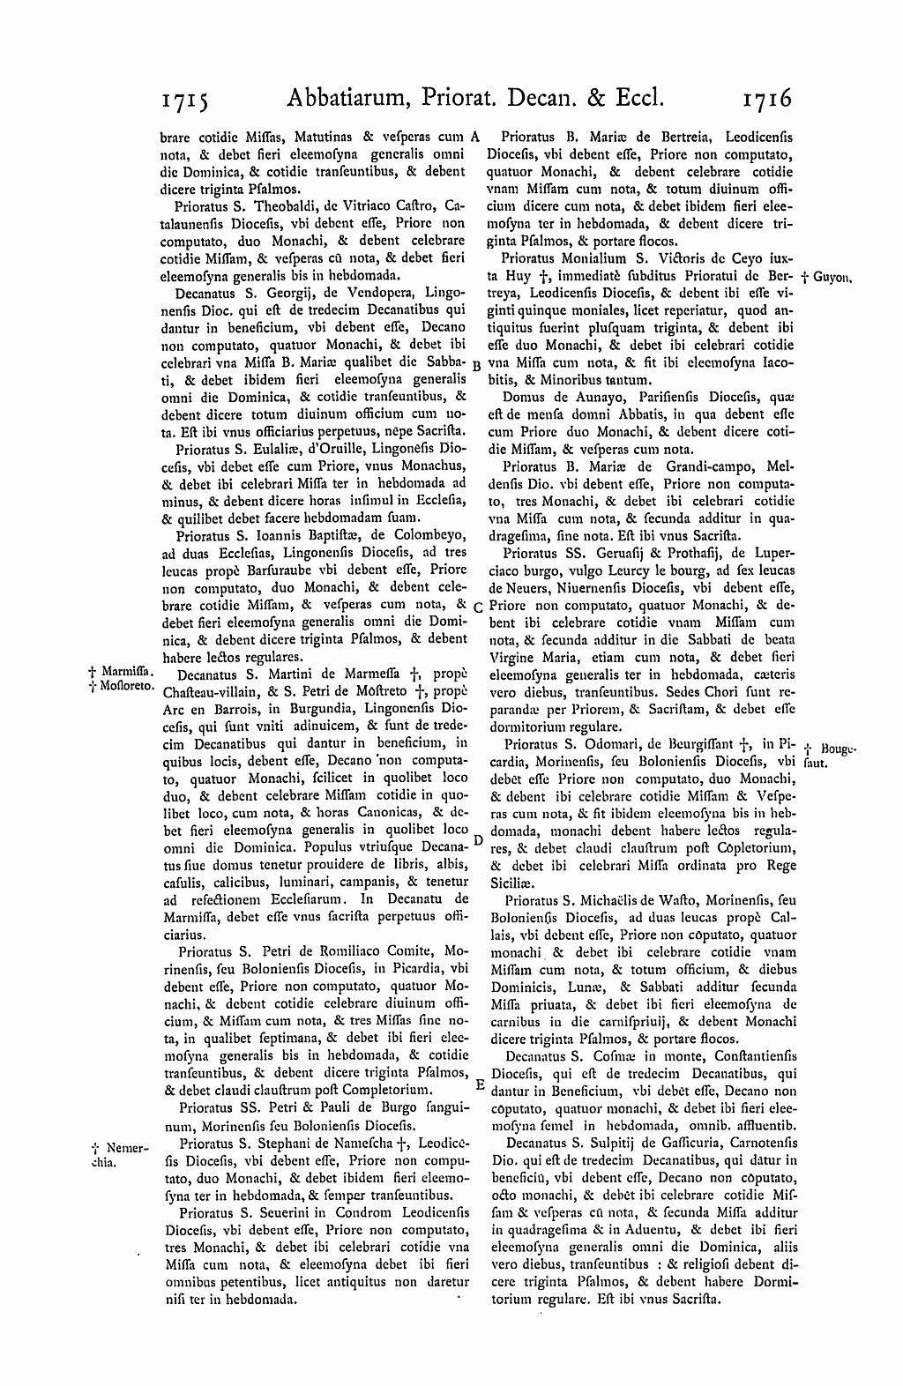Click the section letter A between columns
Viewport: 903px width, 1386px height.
pyautogui.click(x=474, y=137)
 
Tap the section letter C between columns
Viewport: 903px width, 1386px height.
pyautogui.click(x=476, y=607)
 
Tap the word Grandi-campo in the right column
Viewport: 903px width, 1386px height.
pyautogui.click(x=708, y=464)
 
